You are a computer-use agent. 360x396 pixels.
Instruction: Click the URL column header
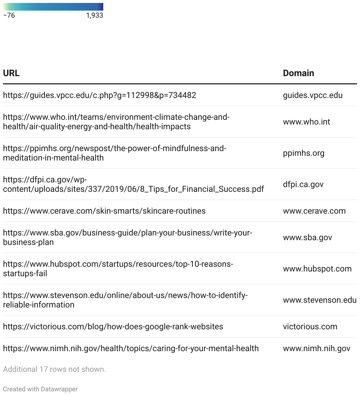tap(11, 73)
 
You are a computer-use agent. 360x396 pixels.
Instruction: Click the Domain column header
tap(298, 73)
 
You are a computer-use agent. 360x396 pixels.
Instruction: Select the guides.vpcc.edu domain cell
tap(312, 95)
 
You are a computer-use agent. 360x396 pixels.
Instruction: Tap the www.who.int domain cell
tap(306, 122)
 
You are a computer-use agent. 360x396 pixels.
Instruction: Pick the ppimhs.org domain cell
tap(303, 153)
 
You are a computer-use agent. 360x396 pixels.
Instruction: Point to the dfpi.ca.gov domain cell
tap(303, 184)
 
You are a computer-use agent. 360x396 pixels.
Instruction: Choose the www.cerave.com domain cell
tap(314, 211)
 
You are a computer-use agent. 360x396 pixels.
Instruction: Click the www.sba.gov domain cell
tap(307, 238)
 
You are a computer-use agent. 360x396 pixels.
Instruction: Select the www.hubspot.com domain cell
tap(317, 269)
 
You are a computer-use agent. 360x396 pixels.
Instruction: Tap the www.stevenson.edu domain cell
tap(320, 300)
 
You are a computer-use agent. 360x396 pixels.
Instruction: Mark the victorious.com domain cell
tap(310, 327)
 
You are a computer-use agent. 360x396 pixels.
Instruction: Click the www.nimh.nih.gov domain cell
tap(316, 348)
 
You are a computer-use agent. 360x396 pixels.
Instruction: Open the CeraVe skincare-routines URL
tap(104, 211)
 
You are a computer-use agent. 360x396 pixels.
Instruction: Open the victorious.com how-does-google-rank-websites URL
tap(113, 327)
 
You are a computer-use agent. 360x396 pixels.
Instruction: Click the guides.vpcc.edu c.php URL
tap(99, 95)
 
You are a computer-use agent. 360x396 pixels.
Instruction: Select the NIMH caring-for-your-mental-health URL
tap(131, 348)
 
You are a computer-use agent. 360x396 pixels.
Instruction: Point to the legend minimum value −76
tap(9, 15)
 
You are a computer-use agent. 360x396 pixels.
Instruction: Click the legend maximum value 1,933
tap(94, 15)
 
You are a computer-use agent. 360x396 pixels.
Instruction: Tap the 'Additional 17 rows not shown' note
tap(54, 369)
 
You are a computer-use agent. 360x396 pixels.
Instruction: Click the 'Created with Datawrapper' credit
tap(40, 389)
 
